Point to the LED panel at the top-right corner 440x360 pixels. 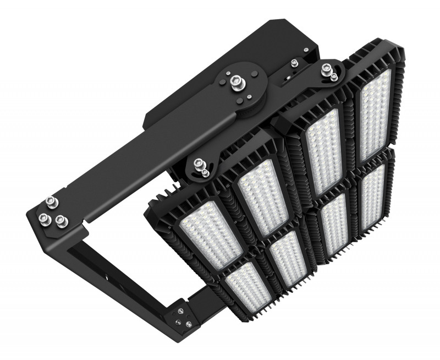[376, 112]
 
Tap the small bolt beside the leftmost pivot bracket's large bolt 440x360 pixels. [205, 173]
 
